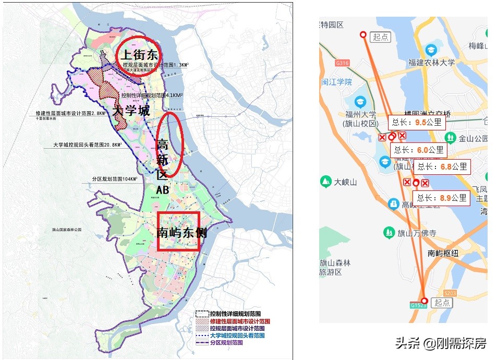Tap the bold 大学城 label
[131, 111]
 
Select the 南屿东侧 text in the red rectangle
[181, 233]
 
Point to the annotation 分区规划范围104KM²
[112, 179]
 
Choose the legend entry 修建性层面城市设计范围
[240, 321]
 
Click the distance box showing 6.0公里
[419, 150]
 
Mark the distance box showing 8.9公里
[441, 198]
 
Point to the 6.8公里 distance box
[442, 167]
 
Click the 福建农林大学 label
[432, 63]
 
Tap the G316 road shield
[342, 63]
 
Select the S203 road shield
[449, 293]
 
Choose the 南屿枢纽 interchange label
[443, 254]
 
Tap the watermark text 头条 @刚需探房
[441, 343]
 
